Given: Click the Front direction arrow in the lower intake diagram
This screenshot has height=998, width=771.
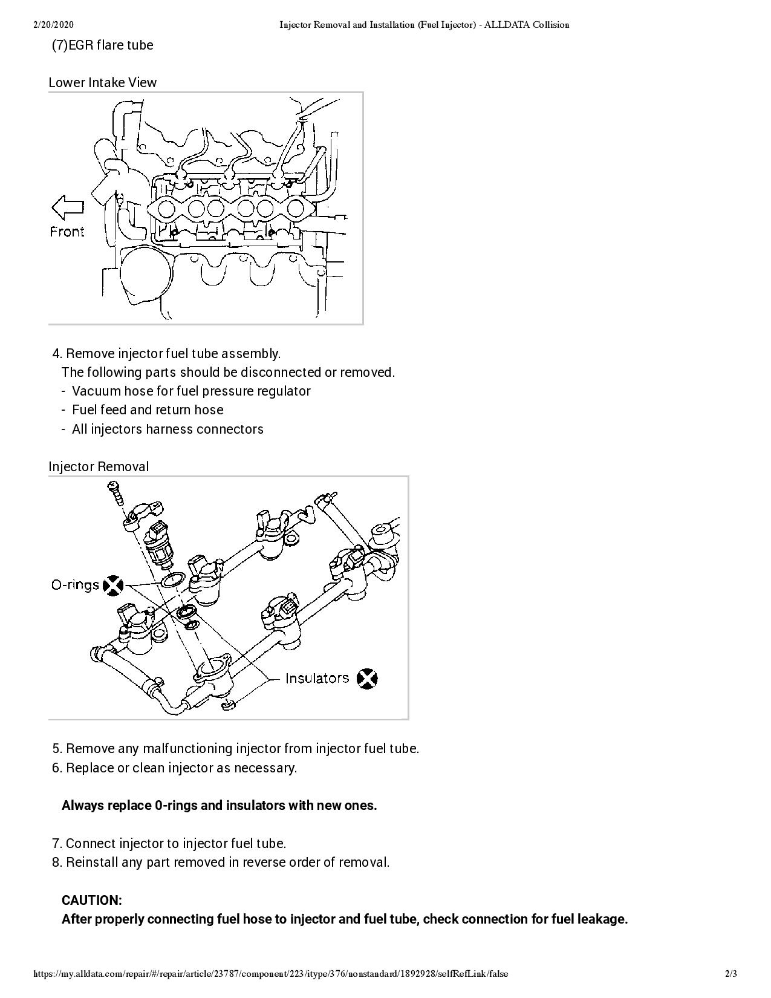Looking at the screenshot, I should click(68, 207).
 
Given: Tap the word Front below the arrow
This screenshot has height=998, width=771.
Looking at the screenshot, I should click(67, 232).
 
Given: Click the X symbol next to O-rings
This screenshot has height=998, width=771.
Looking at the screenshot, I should click(113, 585).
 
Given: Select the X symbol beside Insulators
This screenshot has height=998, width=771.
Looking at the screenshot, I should click(366, 679).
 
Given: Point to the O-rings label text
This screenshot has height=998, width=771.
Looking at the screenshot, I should click(75, 585).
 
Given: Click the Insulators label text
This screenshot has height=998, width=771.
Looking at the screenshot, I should click(317, 678).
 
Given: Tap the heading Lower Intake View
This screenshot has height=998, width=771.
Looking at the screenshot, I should click(102, 82).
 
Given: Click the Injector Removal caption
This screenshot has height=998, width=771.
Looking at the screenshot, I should click(99, 466).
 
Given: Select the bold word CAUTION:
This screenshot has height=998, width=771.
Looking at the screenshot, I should click(92, 900).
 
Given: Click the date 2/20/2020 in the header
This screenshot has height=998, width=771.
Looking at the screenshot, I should click(54, 25).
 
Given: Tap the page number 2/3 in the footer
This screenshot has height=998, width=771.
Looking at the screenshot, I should click(730, 974).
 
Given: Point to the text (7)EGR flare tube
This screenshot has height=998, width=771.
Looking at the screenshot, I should click(102, 45).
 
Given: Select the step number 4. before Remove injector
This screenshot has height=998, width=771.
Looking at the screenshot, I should click(57, 353).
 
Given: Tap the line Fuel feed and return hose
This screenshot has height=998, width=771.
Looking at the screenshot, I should click(148, 409).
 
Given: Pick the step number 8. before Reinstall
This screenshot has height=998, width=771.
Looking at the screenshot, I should click(57, 862).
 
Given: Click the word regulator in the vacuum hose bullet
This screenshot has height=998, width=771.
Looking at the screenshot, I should click(284, 391).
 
